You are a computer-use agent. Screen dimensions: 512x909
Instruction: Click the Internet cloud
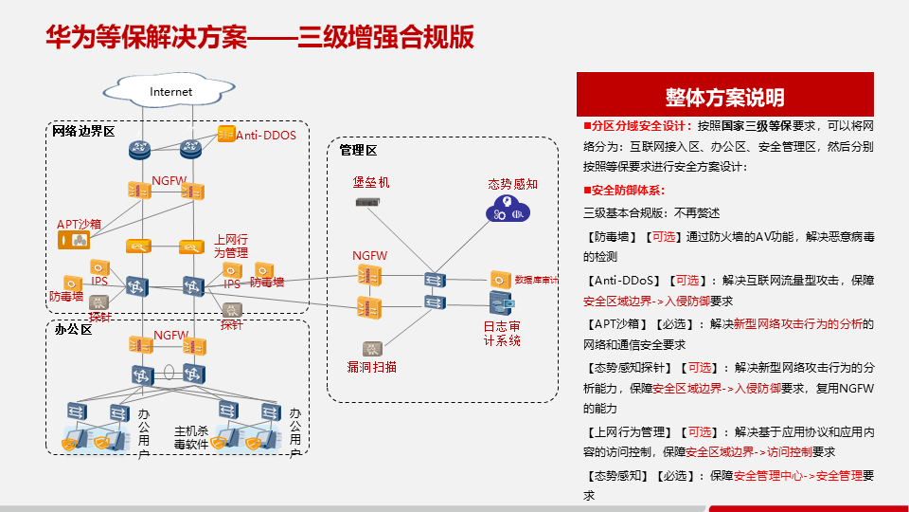(170, 91)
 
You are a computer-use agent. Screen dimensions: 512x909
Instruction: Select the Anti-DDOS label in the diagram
(266, 136)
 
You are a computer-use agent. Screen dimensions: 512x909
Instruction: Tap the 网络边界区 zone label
(83, 131)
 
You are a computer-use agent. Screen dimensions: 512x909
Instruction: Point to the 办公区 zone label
(73, 329)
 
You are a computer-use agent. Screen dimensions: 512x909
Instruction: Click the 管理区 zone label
(358, 150)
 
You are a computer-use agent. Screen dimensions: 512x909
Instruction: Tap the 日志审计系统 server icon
(502, 303)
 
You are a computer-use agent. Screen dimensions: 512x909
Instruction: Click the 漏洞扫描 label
(371, 366)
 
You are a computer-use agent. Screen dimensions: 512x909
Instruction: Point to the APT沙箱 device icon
(74, 242)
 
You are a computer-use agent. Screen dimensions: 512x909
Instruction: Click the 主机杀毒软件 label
(190, 436)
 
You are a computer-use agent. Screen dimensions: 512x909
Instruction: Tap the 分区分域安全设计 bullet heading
(641, 125)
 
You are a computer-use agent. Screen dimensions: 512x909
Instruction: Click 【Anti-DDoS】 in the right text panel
(624, 280)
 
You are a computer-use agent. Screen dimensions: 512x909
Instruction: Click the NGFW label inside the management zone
(369, 256)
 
